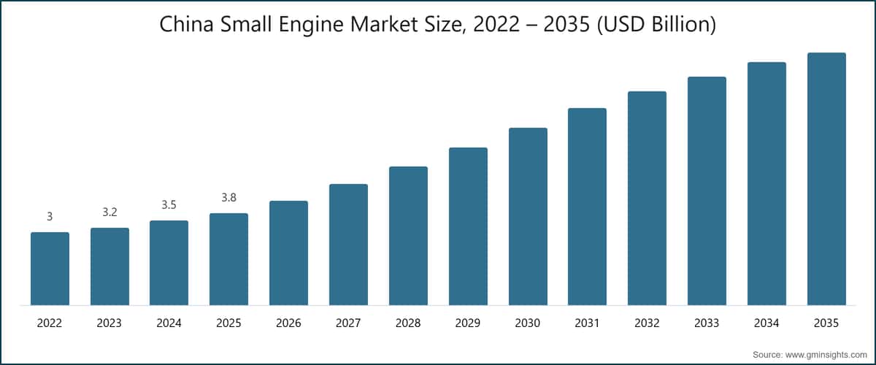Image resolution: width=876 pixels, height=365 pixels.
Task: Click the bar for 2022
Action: pyautogui.click(x=50, y=269)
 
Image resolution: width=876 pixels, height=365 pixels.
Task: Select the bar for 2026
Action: pyautogui.click(x=288, y=253)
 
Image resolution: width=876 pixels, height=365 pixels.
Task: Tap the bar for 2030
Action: pyautogui.click(x=528, y=216)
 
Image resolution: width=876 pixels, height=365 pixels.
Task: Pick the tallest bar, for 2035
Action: pyautogui.click(x=826, y=179)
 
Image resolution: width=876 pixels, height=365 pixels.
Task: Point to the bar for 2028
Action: pyautogui.click(x=408, y=236)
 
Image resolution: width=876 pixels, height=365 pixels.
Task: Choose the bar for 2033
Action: pyautogui.click(x=707, y=191)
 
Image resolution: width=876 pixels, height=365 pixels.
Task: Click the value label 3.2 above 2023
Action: pyautogui.click(x=109, y=212)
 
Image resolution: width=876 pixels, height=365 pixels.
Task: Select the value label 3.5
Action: pyautogui.click(x=169, y=205)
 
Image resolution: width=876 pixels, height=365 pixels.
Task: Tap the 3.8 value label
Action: pyautogui.click(x=228, y=198)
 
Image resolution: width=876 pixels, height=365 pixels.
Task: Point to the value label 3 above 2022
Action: pyautogui.click(x=50, y=217)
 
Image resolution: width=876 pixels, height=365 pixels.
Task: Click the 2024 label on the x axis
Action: pyautogui.click(x=169, y=323)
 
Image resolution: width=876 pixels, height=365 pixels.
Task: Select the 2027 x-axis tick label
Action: pyautogui.click(x=348, y=323)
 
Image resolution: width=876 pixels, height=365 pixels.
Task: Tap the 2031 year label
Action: pyautogui.click(x=587, y=323)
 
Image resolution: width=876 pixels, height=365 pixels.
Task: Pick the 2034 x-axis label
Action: pyautogui.click(x=766, y=323)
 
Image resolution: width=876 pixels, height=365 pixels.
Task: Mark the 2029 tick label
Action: pyautogui.click(x=468, y=323)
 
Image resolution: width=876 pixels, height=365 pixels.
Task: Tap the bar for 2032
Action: pyautogui.click(x=647, y=198)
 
